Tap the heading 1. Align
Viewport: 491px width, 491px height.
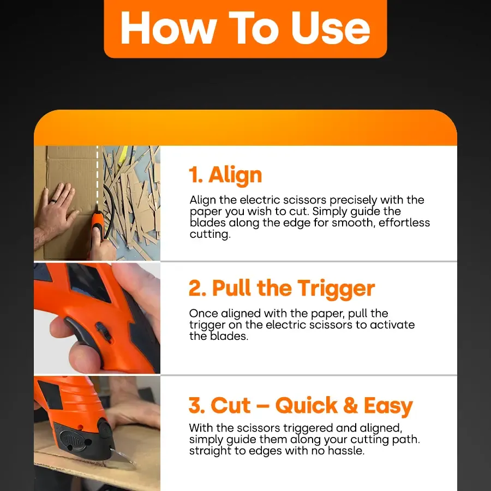click(x=225, y=175)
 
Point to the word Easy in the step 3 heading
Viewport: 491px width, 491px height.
click(x=388, y=406)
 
